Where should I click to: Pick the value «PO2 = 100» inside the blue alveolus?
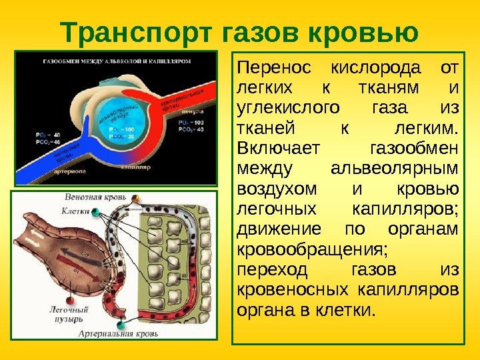(x=120, y=129)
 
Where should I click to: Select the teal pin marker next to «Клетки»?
(x=96, y=213)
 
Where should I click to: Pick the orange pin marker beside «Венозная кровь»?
(x=136, y=199)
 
